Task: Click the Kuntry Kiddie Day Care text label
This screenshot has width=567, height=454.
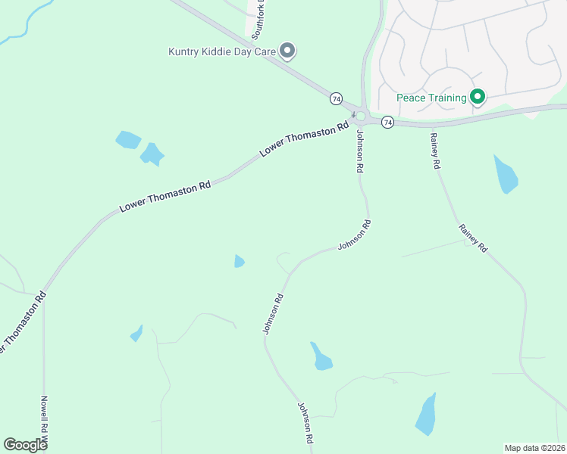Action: (221, 52)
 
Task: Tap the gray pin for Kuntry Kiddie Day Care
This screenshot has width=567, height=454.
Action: (287, 51)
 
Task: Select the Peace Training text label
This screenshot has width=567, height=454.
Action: (431, 98)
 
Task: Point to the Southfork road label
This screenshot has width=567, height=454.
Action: (258, 19)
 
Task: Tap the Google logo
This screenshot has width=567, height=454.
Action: (25, 444)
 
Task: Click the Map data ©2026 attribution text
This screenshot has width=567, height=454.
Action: (534, 447)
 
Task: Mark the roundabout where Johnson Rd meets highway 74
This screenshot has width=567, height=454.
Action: (362, 117)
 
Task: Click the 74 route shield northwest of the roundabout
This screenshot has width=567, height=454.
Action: (336, 98)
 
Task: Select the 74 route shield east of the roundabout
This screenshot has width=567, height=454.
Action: (387, 122)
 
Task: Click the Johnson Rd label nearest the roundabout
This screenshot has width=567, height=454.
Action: (360, 151)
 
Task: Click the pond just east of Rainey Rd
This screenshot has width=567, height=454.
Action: (506, 175)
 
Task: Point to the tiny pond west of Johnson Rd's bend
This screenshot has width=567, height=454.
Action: (239, 261)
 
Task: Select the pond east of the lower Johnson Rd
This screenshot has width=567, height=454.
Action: (321, 356)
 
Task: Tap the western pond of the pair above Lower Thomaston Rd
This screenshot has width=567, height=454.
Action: (128, 139)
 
